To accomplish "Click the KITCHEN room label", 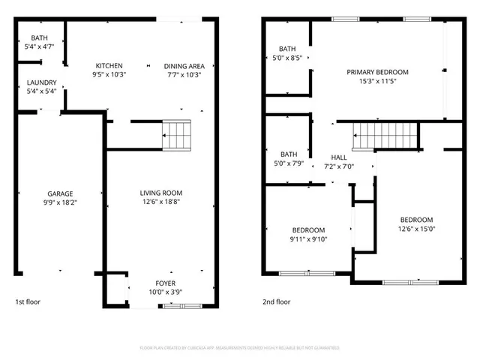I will click(x=109, y=66).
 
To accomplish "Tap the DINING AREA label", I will click(x=184, y=66).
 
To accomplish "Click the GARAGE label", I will click(x=60, y=193).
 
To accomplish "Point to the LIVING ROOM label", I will click(x=161, y=193).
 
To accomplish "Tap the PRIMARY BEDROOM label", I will click(x=377, y=72).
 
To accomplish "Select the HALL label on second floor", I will click(x=338, y=158).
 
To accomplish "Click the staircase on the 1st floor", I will click(x=177, y=136).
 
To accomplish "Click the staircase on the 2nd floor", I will click(x=384, y=136).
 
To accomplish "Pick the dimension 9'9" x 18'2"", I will click(x=60, y=202).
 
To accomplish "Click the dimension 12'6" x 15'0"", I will click(x=416, y=229).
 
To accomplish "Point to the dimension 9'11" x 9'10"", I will click(x=308, y=239).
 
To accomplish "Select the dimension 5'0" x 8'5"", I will click(x=286, y=58).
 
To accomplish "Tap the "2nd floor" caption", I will click(x=276, y=302).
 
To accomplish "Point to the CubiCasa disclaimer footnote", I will click(x=240, y=348).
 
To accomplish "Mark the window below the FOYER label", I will click(x=180, y=306).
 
